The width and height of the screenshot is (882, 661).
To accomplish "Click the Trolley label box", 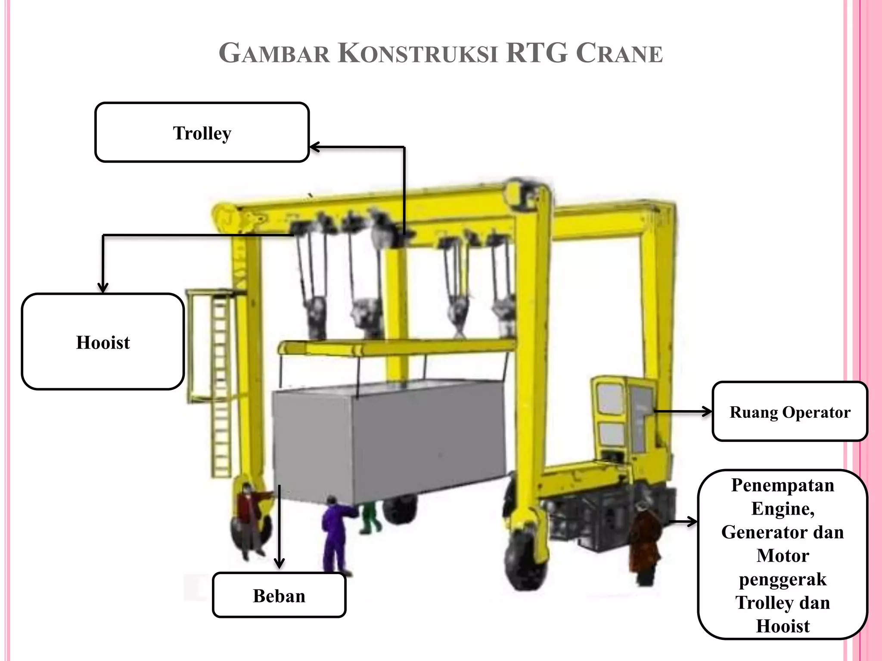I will tap(202, 133).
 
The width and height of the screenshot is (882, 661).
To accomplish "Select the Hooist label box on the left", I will tap(103, 342).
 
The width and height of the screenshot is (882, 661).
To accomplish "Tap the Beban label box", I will tap(279, 596).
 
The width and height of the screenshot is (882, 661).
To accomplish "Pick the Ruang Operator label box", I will tap(790, 412).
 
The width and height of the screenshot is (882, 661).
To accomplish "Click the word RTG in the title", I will tap(536, 53).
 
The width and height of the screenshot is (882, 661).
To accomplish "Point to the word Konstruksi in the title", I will tap(417, 53).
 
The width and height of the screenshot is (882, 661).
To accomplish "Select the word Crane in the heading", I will tap(619, 53).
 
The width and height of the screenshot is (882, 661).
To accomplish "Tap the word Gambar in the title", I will tap(274, 53).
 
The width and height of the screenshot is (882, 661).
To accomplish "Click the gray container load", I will tap(388, 439).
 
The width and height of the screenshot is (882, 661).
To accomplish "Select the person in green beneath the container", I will tap(369, 516).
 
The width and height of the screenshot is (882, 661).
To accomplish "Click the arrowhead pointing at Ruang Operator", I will tap(707, 412).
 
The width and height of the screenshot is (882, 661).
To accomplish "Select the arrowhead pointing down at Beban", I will tap(280, 563).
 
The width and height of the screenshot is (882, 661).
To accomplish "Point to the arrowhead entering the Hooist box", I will tap(102, 287).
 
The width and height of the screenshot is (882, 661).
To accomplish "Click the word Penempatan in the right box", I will tap(783, 485).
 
